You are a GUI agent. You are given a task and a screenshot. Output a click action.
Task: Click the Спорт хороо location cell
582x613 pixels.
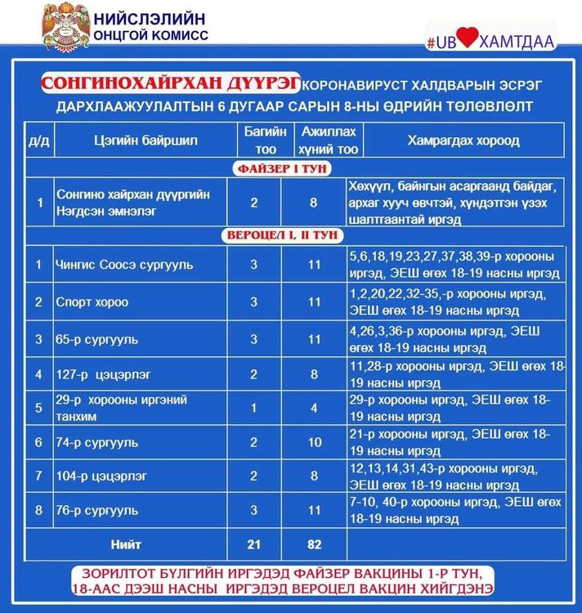tap(92, 302)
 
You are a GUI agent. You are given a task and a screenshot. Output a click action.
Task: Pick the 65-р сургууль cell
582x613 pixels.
tap(97, 338)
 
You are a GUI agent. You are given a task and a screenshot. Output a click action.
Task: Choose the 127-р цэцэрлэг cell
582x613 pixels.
tap(101, 376)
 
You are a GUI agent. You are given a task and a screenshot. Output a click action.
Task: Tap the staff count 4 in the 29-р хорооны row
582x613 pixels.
tap(314, 406)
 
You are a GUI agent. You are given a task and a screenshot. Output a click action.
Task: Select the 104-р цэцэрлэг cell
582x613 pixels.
tap(101, 474)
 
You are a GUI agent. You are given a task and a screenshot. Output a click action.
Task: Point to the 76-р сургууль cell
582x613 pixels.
tap(97, 509)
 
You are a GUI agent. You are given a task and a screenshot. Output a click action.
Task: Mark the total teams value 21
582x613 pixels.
tap(253, 544)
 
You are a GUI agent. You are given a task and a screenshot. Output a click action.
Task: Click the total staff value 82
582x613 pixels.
tap(314, 544)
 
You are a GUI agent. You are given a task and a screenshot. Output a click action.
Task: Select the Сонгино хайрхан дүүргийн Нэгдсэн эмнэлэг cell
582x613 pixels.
tap(132, 202)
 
